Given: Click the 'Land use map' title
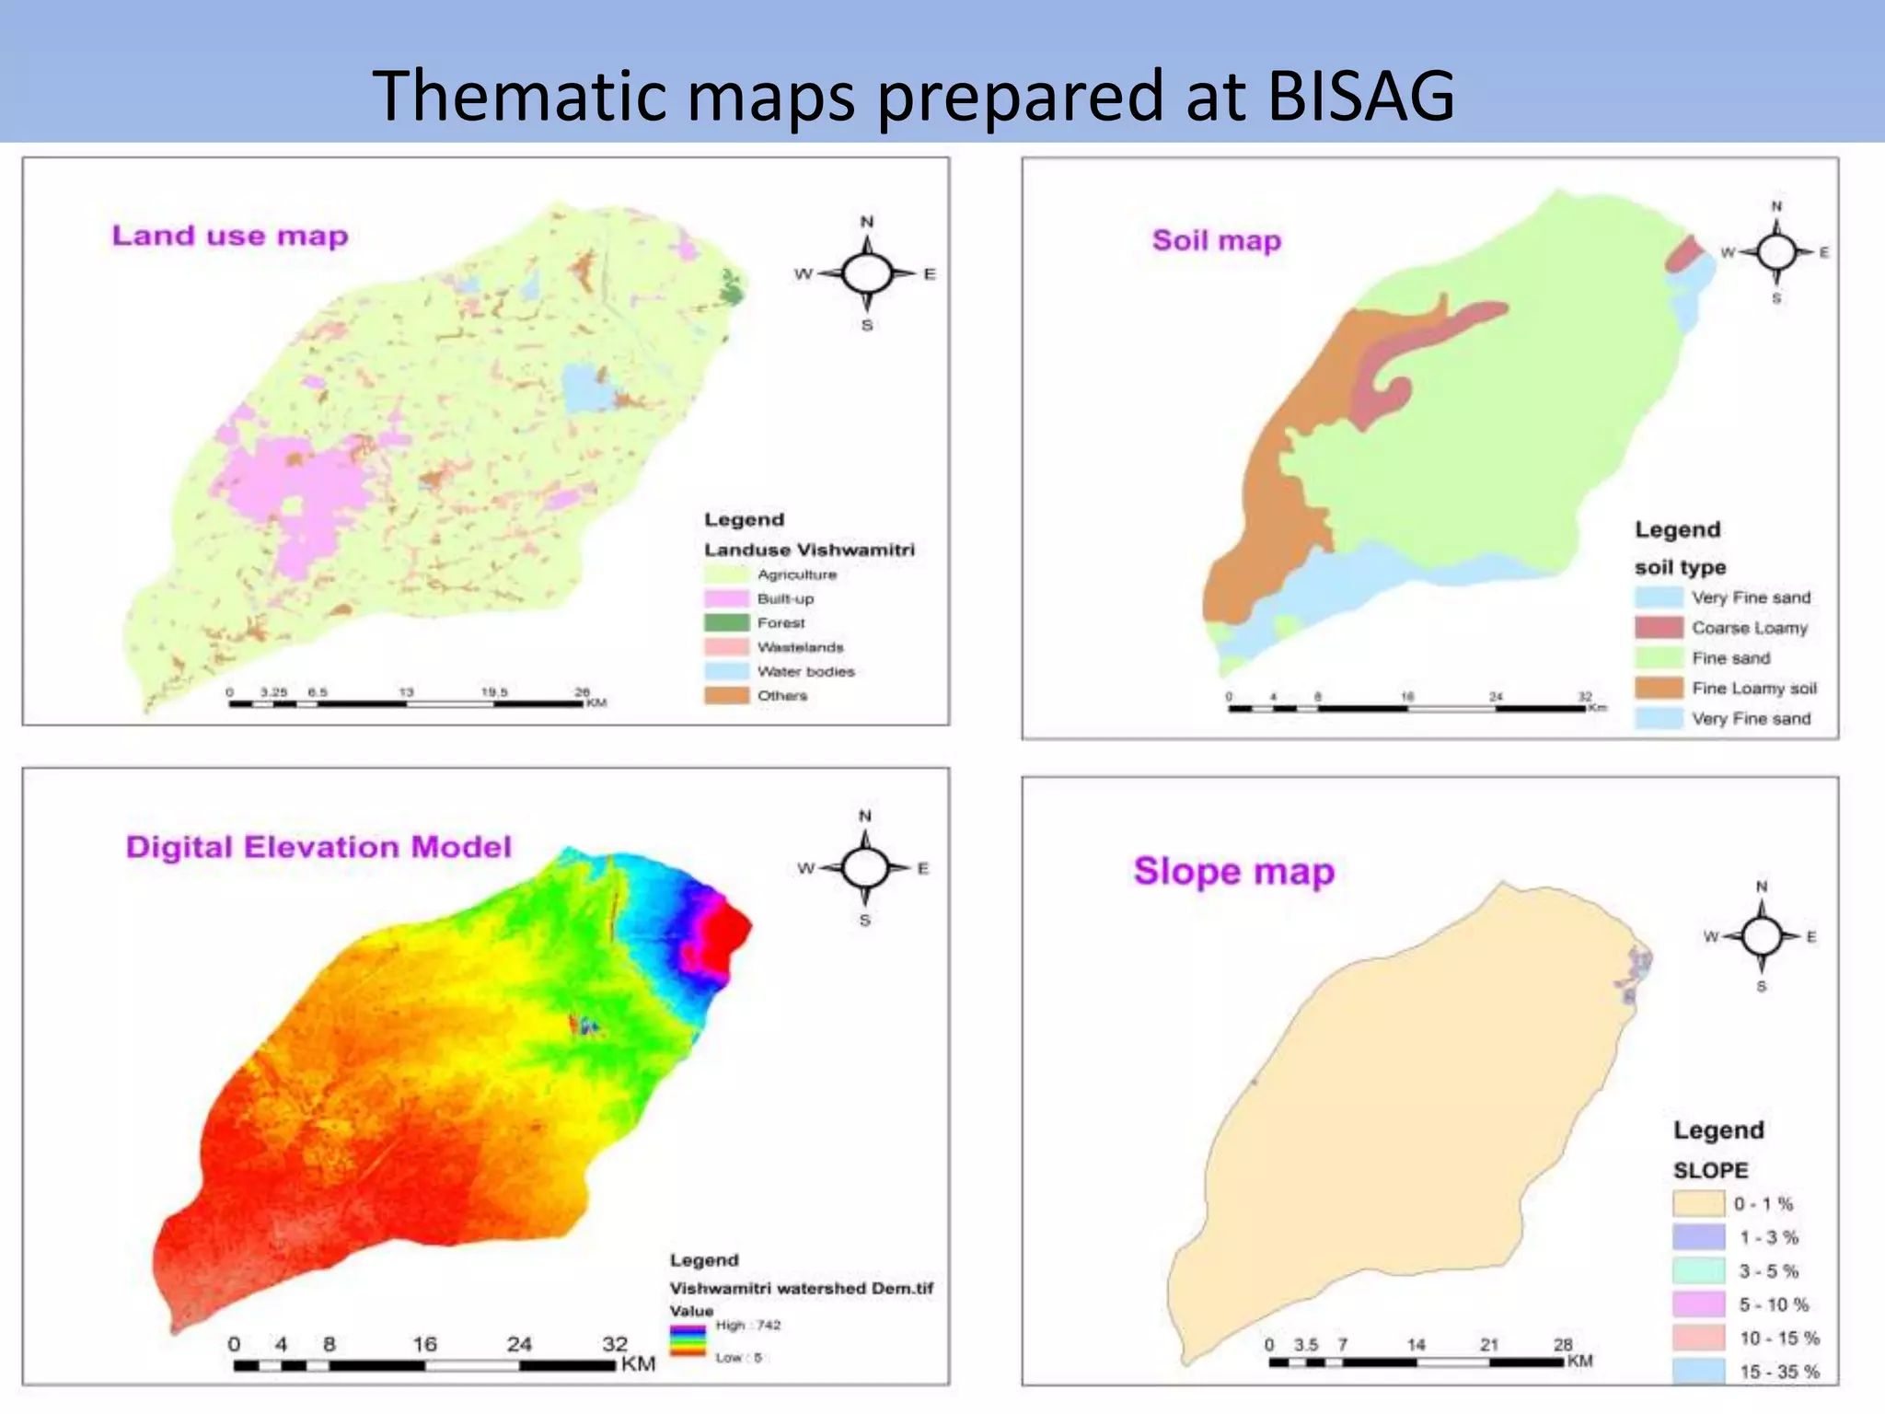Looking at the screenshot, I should click(x=230, y=236).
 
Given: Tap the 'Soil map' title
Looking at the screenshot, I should click(x=1216, y=240).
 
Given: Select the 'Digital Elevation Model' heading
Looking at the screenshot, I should click(x=318, y=847).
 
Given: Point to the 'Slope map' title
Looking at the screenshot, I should click(x=1233, y=871).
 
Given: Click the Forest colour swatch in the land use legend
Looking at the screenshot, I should click(x=726, y=622).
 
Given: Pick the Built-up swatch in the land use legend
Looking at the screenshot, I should click(x=726, y=598).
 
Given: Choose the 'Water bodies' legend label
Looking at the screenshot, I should click(x=805, y=671).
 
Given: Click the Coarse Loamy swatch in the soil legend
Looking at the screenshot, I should click(x=1659, y=628).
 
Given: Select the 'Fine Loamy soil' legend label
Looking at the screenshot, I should click(x=1754, y=689).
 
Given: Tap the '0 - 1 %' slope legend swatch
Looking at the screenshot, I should click(x=1698, y=1203).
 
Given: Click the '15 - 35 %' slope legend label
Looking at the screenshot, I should click(x=1779, y=1372).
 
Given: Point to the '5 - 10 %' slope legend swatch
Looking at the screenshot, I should click(x=1698, y=1304).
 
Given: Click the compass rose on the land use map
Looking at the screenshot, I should click(x=867, y=273).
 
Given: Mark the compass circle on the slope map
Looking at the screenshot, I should click(x=1762, y=937).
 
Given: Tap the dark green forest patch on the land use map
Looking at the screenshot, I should click(x=732, y=289).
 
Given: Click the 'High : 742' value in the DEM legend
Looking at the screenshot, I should click(x=747, y=1326).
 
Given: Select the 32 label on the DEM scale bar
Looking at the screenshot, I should click(x=615, y=1344).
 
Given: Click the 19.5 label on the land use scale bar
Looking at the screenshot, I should click(x=494, y=692).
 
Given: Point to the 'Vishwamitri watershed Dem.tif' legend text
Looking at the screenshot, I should click(x=801, y=1288).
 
